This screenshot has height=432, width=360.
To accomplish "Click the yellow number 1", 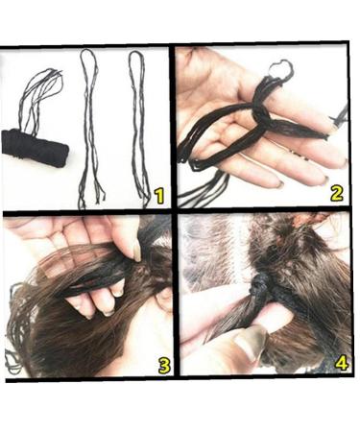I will (158, 196).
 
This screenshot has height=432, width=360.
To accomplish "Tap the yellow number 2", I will (336, 191).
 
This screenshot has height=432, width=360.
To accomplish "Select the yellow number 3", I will (163, 364).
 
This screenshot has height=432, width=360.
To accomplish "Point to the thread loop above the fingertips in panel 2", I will (280, 70).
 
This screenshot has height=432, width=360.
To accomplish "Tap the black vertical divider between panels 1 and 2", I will (174, 125).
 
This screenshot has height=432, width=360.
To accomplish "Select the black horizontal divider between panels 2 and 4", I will (264, 210).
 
